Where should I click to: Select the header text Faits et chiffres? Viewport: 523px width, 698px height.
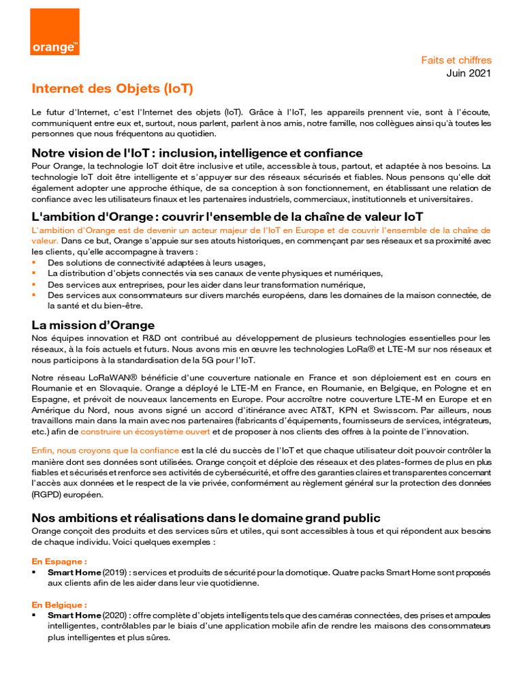tap(456, 61)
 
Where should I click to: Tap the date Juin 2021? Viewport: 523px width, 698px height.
tap(469, 73)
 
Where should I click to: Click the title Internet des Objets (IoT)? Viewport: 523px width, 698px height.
tap(112, 89)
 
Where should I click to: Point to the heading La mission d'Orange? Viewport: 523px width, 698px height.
tap(93, 324)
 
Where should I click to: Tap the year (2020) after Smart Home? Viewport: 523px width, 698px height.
tap(114, 616)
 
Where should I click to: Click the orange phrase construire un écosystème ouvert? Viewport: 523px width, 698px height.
tap(146, 432)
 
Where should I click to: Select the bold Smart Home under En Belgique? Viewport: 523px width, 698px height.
tap(74, 616)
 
